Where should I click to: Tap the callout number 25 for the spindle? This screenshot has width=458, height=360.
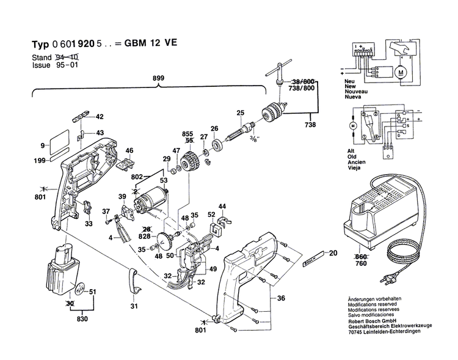click(x=240, y=112)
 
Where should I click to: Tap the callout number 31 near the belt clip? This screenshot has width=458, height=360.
click(x=135, y=306)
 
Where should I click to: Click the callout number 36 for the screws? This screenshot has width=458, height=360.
click(x=282, y=298)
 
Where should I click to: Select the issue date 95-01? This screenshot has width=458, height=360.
click(x=65, y=63)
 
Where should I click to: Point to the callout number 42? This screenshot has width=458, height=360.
click(x=100, y=117)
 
